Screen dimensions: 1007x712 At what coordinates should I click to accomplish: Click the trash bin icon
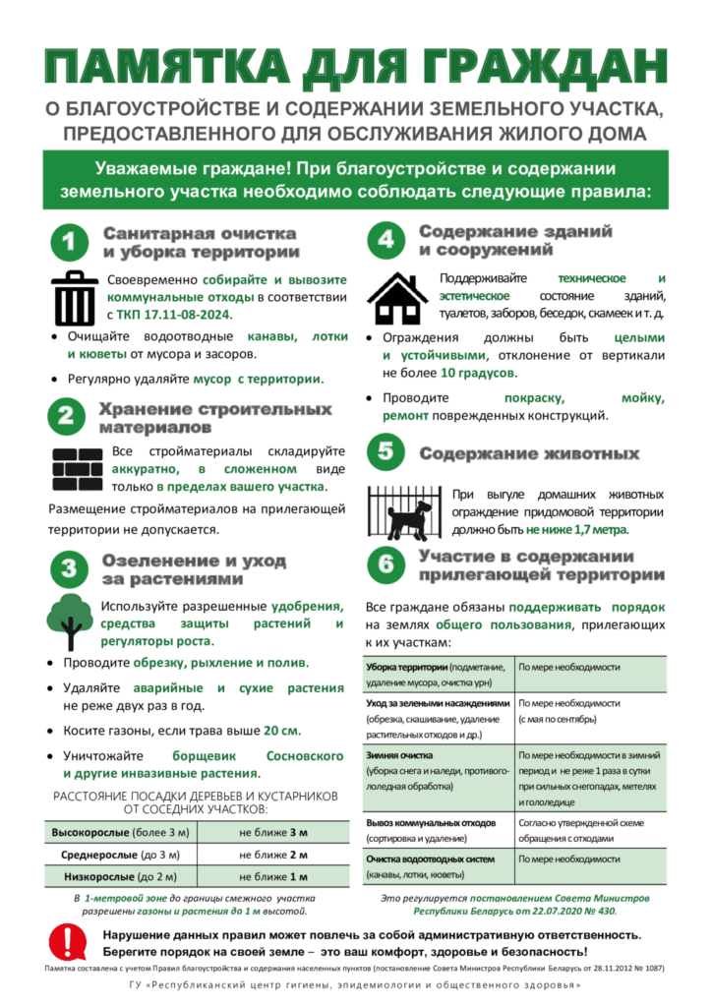(75, 296)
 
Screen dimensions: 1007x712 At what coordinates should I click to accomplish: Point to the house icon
(397, 298)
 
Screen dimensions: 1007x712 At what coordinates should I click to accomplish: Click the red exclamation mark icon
(68, 941)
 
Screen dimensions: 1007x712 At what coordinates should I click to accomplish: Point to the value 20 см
(282, 731)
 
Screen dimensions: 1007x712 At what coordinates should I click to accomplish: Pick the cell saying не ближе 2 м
(273, 855)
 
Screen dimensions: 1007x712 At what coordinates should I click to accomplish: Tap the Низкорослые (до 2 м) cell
(120, 876)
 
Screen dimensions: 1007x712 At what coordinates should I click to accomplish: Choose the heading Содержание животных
(529, 454)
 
